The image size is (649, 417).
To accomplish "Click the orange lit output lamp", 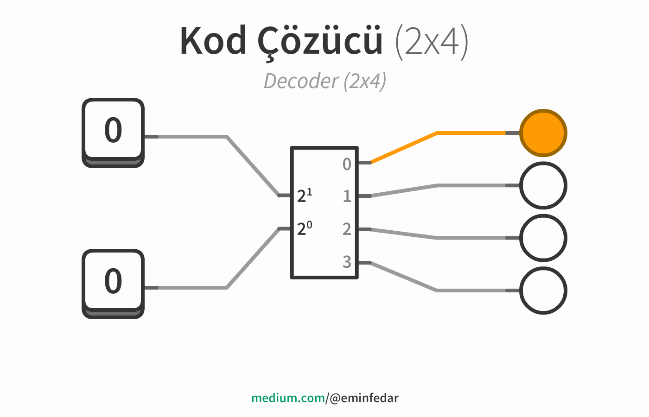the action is coord(543,133).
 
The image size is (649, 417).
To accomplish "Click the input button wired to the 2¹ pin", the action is coord(113,133).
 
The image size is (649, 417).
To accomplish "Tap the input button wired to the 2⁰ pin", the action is coord(113,284).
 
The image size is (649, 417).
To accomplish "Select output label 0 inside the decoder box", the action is coord(347,164).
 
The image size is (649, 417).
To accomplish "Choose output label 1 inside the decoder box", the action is coord(347,196).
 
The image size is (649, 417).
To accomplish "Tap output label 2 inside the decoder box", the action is coord(347,229).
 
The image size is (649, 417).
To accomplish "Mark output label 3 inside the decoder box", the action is coord(347,262).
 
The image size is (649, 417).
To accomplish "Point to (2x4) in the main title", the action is coord(432,42).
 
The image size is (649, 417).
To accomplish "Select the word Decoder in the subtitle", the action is coord(301,81).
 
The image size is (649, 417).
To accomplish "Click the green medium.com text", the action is coord(288,398).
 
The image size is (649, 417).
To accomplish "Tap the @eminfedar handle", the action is coord(364,398).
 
